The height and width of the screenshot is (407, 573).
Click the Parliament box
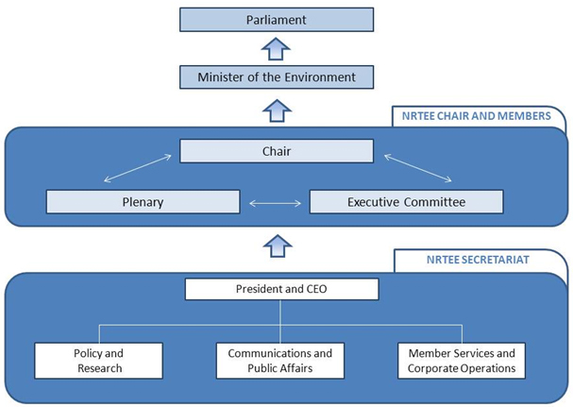[276, 20]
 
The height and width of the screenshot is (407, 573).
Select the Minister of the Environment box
[276, 76]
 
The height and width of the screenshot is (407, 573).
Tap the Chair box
[276, 151]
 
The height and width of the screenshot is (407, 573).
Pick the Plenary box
[143, 202]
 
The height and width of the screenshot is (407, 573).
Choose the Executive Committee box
[406, 202]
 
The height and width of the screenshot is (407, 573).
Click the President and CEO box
[281, 289]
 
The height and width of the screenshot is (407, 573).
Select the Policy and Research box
[99, 361]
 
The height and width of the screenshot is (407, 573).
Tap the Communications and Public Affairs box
[280, 361]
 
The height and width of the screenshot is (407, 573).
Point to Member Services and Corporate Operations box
[462, 361]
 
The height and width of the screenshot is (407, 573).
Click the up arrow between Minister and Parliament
[276, 48]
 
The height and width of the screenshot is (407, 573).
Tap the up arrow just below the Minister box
[276, 110]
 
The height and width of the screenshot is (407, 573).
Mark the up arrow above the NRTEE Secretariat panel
[276, 246]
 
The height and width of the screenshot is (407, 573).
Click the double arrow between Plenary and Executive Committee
[275, 202]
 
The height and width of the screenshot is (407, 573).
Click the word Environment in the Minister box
[319, 76]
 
